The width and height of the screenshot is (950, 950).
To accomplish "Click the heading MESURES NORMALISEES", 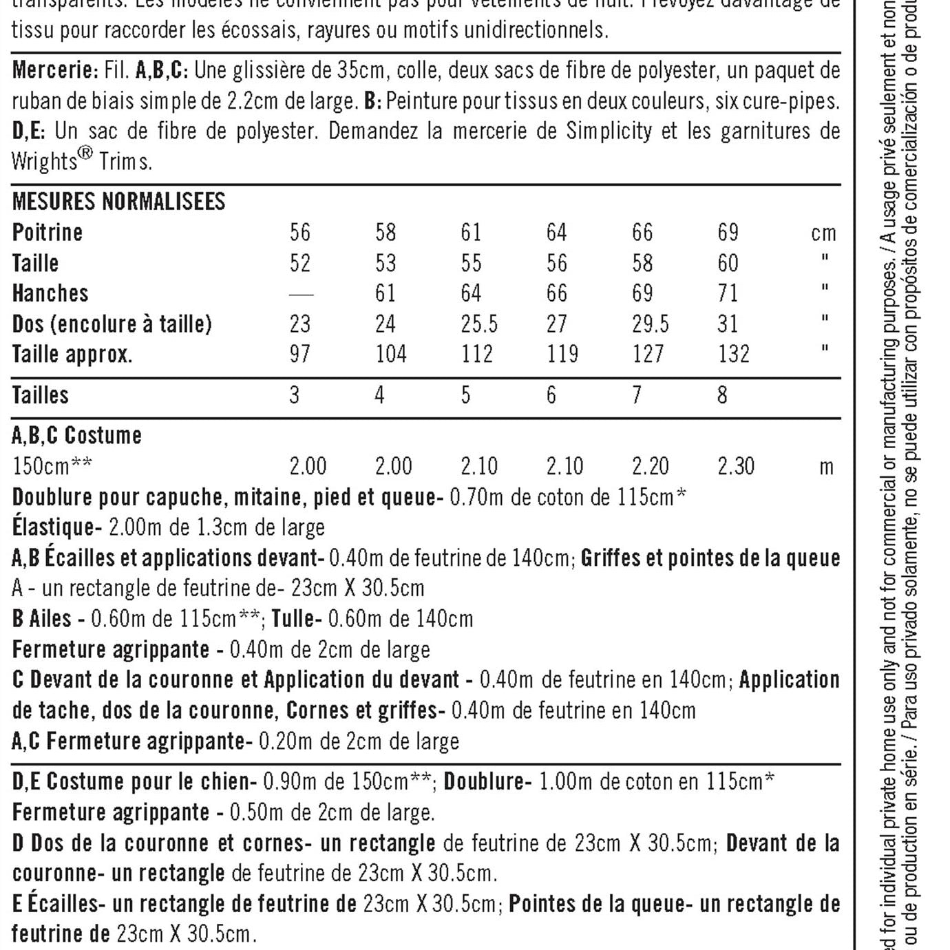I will pos(118,202).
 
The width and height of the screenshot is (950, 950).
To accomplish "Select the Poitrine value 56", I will pos(300,233).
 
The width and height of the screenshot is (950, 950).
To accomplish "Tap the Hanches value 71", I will pos(728,293).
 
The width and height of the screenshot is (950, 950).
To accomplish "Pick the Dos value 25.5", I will pos(479,324).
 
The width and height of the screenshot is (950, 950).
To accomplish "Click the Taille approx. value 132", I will pos(734,354).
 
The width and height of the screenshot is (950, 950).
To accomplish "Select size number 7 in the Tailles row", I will pos(637,395).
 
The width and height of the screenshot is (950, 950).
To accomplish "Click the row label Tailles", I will pos(41,395).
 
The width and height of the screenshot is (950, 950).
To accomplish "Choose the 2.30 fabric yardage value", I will pos(736,467).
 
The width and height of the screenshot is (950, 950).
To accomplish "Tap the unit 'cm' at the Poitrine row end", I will pos(823,233).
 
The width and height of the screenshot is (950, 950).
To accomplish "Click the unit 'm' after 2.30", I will pos(826,467).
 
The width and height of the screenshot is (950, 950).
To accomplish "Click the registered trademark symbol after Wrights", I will pos(85,154).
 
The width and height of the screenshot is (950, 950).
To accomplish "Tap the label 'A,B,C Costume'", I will pos(77,436).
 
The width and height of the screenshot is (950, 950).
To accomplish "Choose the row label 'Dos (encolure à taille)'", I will pos(112,324).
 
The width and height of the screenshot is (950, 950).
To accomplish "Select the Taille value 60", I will pos(728,263).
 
